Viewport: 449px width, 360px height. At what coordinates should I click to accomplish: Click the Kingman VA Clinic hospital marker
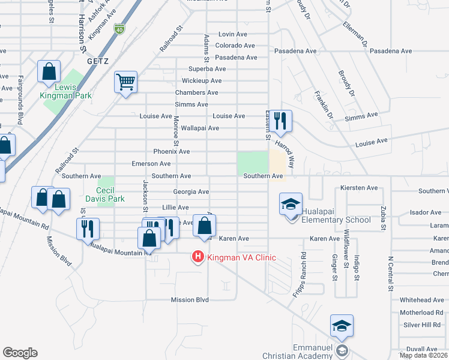(x=197, y=258)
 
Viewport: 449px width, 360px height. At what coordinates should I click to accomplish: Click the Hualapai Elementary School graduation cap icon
(x=291, y=205)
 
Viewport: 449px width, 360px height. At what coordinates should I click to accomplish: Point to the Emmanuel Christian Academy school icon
(x=341, y=326)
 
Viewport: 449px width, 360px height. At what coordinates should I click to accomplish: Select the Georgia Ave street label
(x=191, y=192)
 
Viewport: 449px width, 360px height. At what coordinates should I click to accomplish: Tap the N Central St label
(x=390, y=275)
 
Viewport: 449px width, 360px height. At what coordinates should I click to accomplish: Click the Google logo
(x=20, y=353)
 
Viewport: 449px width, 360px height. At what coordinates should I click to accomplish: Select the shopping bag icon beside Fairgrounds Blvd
(x=48, y=71)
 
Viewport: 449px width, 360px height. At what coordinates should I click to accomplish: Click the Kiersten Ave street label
(x=358, y=188)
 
